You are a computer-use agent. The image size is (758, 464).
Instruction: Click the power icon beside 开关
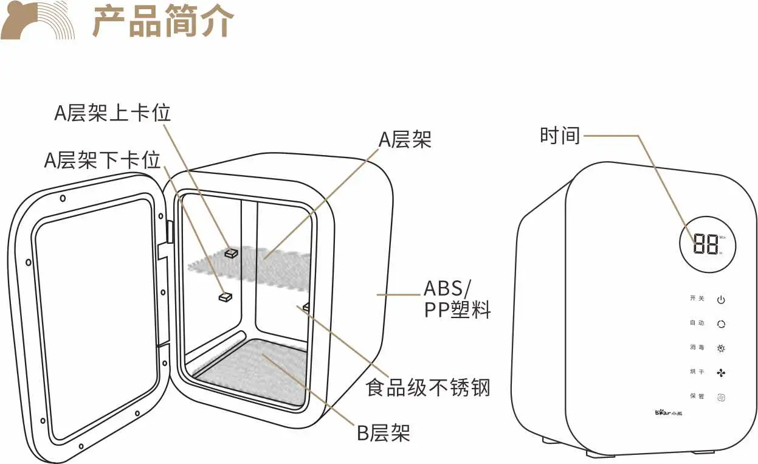(x=721, y=300)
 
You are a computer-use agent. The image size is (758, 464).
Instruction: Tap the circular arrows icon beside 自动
(x=721, y=324)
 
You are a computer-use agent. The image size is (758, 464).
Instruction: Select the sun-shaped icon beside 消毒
(x=721, y=348)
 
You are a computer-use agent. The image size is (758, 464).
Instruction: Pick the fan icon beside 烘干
(x=721, y=372)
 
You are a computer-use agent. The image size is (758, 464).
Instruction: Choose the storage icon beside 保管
(x=721, y=397)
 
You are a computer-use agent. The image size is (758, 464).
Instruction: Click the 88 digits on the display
(x=705, y=244)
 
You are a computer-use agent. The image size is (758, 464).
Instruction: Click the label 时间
(x=560, y=135)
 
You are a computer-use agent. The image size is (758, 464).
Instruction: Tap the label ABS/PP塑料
(x=457, y=299)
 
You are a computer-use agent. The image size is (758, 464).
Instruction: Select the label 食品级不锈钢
(x=428, y=387)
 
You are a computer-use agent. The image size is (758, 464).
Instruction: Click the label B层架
(x=383, y=432)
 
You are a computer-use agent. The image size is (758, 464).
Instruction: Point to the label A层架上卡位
(x=112, y=113)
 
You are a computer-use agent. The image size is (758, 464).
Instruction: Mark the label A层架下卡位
(x=102, y=160)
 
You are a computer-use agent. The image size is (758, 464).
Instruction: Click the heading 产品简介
(x=163, y=22)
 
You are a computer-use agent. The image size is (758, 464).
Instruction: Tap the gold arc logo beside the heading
(x=38, y=21)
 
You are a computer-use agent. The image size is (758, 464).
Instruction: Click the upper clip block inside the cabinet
(x=232, y=252)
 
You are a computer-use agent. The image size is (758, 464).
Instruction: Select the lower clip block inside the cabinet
(x=226, y=297)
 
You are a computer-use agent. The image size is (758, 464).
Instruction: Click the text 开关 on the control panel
(x=697, y=299)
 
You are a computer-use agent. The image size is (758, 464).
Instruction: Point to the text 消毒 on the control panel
(x=697, y=347)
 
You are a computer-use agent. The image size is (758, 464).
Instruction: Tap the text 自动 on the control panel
(x=697, y=323)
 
